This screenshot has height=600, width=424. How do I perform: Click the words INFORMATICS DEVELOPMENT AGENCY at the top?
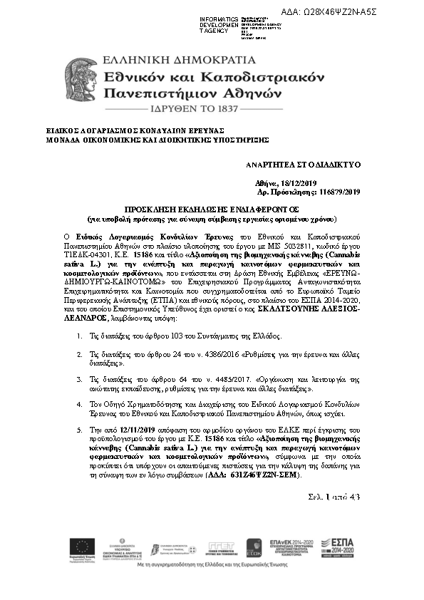(217, 24)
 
